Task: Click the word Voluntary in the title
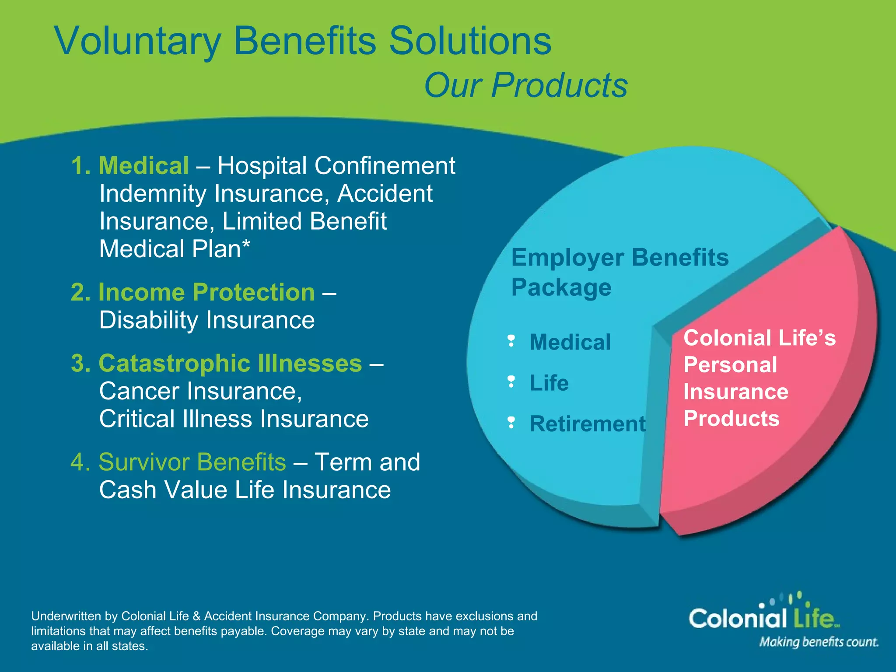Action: click(x=137, y=42)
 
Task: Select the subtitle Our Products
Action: click(x=525, y=85)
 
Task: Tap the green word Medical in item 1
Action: click(x=143, y=166)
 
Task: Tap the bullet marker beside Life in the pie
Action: click(x=511, y=382)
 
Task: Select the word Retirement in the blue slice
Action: click(x=587, y=424)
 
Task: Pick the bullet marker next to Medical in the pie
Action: click(x=511, y=341)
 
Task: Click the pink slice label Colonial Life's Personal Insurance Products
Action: click(x=759, y=378)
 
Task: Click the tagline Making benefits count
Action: click(x=819, y=642)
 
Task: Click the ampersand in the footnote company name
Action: click(x=196, y=616)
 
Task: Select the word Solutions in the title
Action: click(x=470, y=42)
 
